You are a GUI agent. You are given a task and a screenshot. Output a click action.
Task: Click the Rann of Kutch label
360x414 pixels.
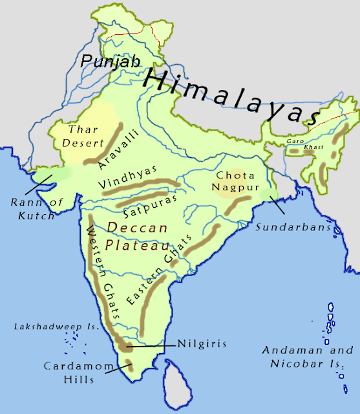(x=37, y=209)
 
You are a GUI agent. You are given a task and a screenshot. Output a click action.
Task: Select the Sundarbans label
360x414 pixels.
(x=285, y=228)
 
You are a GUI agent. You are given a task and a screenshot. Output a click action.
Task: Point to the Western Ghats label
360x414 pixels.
(x=103, y=271)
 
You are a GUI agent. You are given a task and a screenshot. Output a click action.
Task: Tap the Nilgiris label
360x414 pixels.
(x=203, y=344)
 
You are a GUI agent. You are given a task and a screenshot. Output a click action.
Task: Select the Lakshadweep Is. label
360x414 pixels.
(x=56, y=327)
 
